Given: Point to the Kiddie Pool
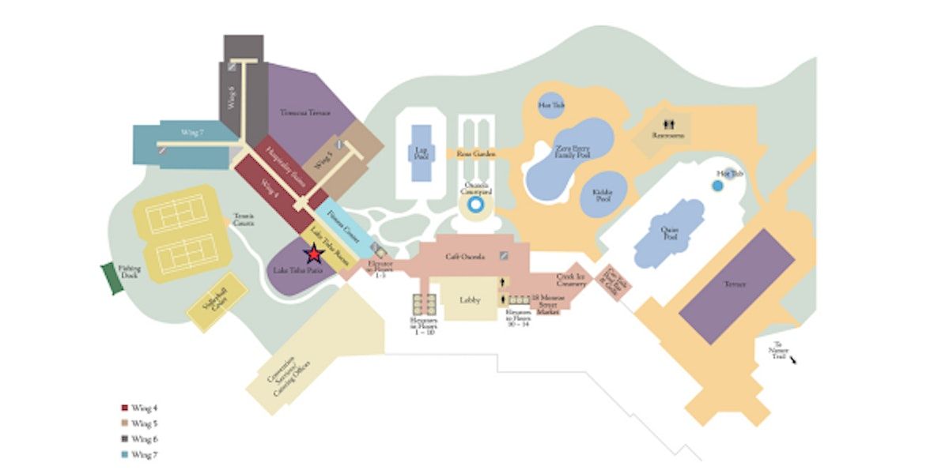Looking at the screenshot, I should click(603, 194).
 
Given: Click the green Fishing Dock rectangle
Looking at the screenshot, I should click(113, 278).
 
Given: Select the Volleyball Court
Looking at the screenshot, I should click(215, 303).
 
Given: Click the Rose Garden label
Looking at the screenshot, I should click(476, 154).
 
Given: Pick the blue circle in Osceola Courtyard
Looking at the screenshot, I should click(475, 205).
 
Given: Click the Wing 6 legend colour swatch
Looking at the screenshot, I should click(124, 438).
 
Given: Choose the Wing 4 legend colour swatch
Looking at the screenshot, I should click(124, 408).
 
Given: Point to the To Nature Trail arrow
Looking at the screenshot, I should click(792, 359).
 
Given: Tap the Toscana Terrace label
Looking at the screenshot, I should click(304, 113).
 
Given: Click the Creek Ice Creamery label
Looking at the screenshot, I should click(571, 280).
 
